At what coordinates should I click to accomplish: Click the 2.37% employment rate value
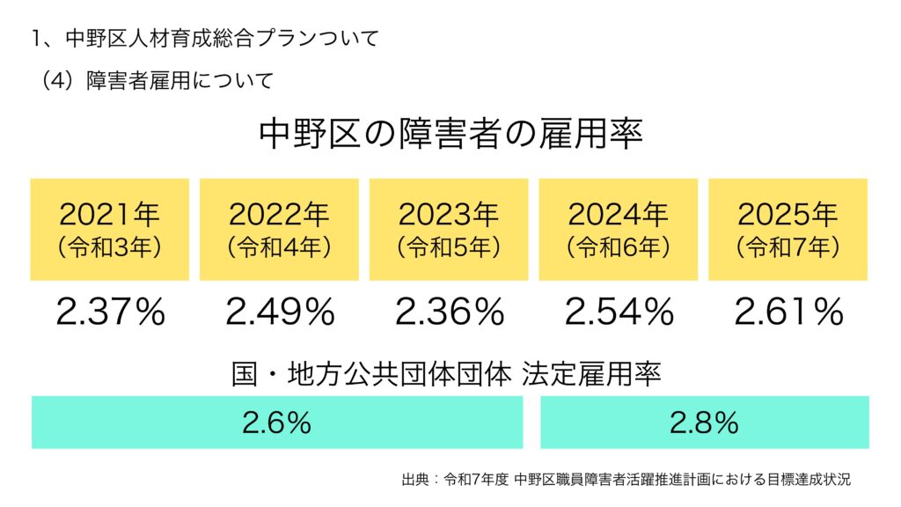(110, 312)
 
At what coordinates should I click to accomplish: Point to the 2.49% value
(280, 312)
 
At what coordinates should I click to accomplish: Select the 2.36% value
(449, 312)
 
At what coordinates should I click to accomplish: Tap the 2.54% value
(618, 312)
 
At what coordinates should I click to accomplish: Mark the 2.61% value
(788, 312)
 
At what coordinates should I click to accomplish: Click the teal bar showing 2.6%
(277, 422)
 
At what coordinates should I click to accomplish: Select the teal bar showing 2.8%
(704, 422)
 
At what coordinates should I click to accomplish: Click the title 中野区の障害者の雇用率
(450, 135)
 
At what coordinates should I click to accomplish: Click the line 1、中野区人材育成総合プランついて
(203, 39)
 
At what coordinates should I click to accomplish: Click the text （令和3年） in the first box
(110, 247)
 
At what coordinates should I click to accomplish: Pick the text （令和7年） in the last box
(787, 247)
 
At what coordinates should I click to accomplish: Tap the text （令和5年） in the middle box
(449, 247)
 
